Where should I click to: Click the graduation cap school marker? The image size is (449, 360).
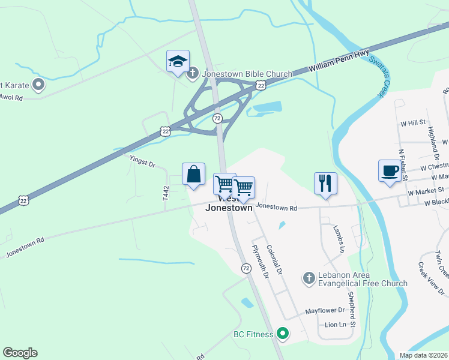coord(178,62)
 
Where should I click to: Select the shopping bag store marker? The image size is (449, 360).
coord(194,175)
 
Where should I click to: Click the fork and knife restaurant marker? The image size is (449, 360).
coord(325,184)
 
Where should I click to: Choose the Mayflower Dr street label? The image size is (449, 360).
coord(325,311)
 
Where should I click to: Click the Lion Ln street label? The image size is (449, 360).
coord(335,325)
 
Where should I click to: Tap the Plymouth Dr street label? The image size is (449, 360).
coord(261,262)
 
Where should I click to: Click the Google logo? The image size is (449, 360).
coord(20,353)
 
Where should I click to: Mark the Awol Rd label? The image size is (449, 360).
coord(11,97)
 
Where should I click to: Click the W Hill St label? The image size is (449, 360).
coord(413,123)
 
